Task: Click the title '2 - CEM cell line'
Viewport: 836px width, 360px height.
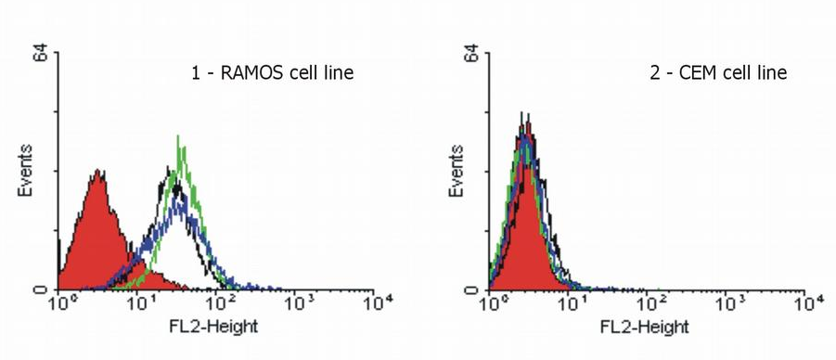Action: [718, 72]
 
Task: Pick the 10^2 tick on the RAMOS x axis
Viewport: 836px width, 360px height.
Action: [220, 303]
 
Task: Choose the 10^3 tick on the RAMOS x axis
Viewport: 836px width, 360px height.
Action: [298, 303]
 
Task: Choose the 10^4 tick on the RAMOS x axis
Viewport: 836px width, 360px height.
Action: [376, 303]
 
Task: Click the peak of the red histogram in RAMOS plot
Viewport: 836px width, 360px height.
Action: [97, 173]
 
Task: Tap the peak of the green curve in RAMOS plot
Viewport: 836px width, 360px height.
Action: [178, 137]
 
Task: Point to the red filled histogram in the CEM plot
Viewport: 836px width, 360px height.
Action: [524, 232]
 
